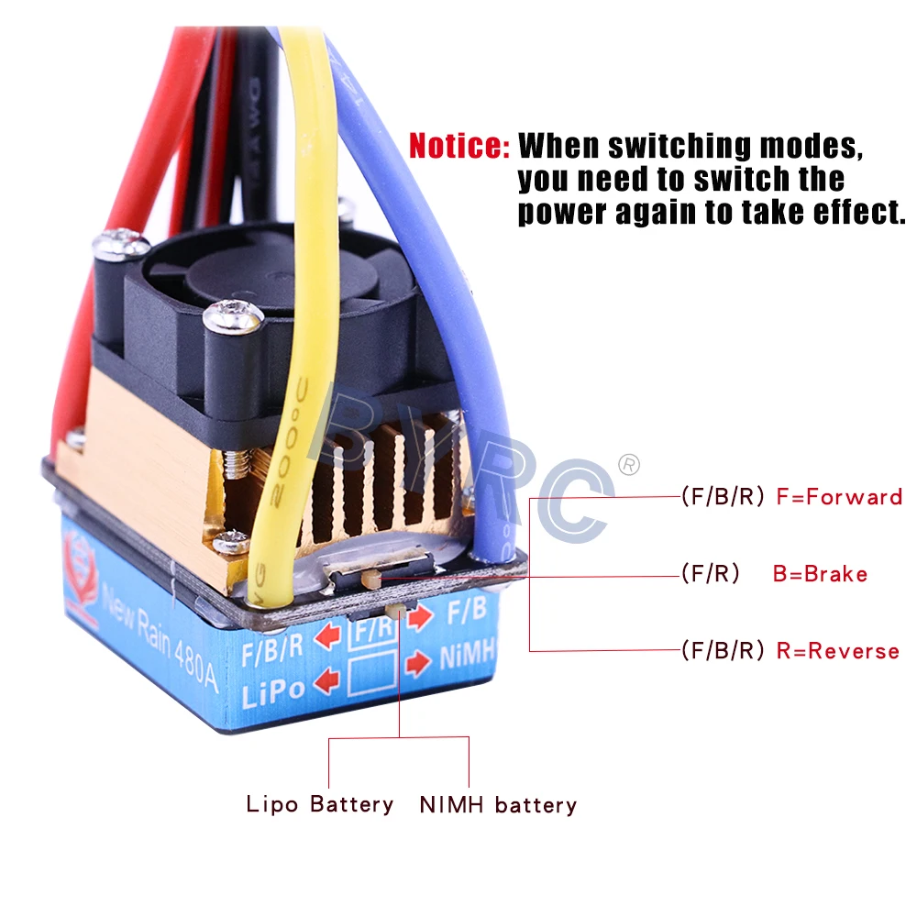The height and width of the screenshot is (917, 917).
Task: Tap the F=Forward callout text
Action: pos(839,498)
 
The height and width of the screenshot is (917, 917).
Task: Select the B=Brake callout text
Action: pos(820,575)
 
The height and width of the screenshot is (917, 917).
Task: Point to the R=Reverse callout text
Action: pos(837,651)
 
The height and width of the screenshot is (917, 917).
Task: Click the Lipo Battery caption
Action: pos(320,805)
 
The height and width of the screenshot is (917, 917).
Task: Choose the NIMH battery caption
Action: pos(498,806)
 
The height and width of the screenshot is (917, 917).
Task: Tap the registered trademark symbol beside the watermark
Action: pos(629,464)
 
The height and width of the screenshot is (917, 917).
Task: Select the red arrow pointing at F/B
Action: pos(420,617)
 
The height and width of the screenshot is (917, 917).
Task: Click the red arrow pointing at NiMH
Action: pos(418,661)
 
